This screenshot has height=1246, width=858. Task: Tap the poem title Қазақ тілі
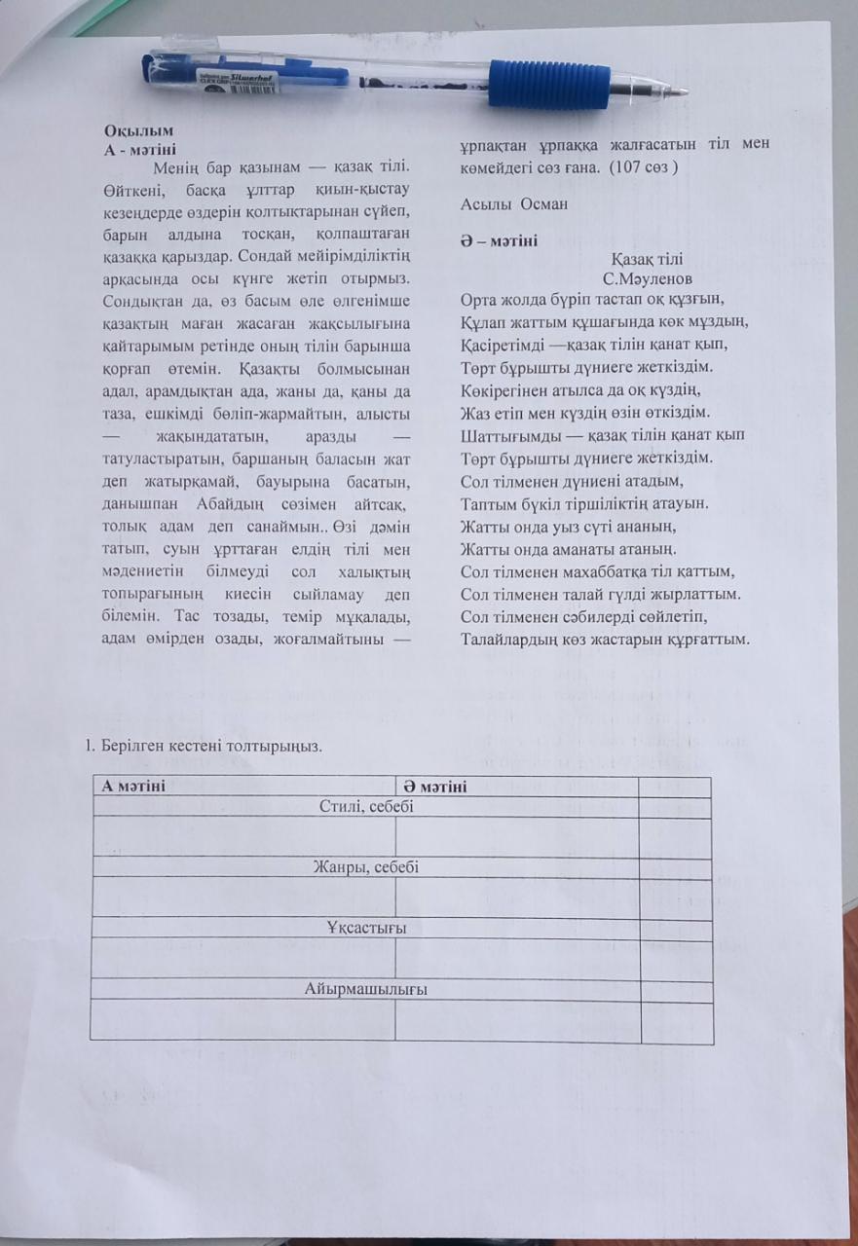tap(647, 259)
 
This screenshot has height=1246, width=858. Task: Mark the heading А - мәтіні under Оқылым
tap(139, 149)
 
